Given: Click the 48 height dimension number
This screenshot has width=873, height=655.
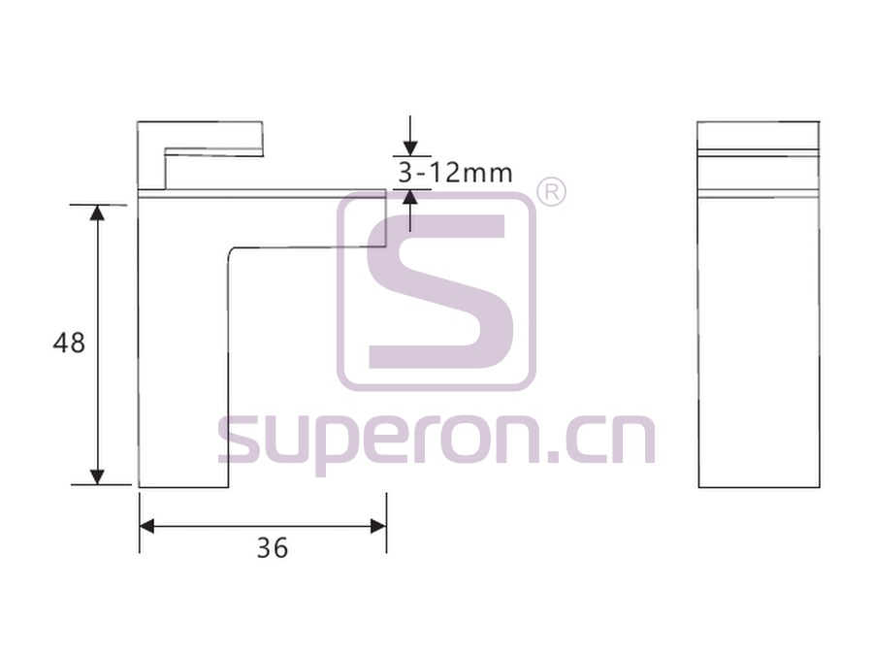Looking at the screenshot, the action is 69,343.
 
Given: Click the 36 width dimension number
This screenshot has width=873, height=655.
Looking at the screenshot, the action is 273,548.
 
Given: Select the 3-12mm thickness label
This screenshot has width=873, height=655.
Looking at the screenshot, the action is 455,173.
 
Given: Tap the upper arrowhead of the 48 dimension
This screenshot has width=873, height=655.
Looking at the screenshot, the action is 97,213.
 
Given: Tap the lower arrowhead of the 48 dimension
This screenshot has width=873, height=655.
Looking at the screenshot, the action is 97,476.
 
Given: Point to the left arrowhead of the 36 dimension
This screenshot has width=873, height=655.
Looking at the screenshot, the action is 147,526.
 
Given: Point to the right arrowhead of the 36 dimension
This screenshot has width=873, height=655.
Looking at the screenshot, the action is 378,526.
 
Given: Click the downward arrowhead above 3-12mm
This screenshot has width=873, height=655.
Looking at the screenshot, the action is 410,148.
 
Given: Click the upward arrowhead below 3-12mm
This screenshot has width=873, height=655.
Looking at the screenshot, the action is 410,197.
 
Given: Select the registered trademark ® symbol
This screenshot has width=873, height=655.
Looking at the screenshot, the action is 551,192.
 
